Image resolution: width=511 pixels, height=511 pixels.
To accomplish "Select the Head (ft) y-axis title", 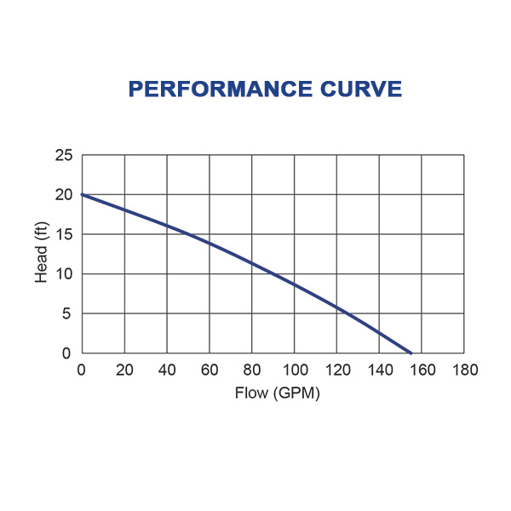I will pyautogui.click(x=42, y=253).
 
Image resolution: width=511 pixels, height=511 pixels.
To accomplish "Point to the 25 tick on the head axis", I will pyautogui.click(x=64, y=156).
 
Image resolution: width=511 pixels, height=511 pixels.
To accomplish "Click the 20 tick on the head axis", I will pyautogui.click(x=64, y=195).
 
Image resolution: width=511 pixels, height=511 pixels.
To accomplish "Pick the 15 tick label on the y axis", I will pyautogui.click(x=64, y=235).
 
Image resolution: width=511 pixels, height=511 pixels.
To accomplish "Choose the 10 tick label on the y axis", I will pyautogui.click(x=64, y=274).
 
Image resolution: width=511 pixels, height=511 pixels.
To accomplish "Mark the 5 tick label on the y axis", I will pyautogui.click(x=67, y=314).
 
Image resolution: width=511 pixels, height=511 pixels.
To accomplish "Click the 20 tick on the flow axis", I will pyautogui.click(x=124, y=370).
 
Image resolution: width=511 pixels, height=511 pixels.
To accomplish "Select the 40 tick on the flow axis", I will pyautogui.click(x=167, y=370).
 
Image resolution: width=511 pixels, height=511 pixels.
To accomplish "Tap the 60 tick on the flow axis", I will pyautogui.click(x=210, y=370).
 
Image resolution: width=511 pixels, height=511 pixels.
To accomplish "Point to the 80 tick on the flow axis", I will pyautogui.click(x=252, y=370).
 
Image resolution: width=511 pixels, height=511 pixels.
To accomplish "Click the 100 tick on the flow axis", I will pyautogui.click(x=295, y=370).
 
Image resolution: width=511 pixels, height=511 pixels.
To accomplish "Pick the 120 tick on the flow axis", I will pyautogui.click(x=337, y=370).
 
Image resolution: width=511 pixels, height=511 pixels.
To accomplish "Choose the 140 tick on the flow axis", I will pyautogui.click(x=380, y=370).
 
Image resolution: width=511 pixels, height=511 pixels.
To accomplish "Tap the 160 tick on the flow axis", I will pyautogui.click(x=422, y=370).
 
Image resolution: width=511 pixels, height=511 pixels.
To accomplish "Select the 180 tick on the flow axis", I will pyautogui.click(x=465, y=370).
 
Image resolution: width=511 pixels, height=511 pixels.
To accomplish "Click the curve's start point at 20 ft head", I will pyautogui.click(x=83, y=195).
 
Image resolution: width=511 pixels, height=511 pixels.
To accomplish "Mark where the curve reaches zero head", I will pyautogui.click(x=411, y=353).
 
